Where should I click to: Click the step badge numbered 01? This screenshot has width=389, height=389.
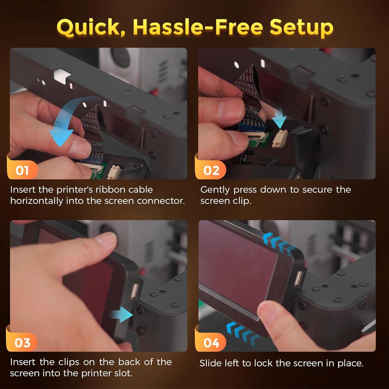tap(22, 170)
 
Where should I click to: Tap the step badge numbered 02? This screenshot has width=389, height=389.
tap(211, 170)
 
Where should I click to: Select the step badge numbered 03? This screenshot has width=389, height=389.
tap(22, 343)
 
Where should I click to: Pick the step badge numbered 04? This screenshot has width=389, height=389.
tap(211, 343)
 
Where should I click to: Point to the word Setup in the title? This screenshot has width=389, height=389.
tap(301, 27)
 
